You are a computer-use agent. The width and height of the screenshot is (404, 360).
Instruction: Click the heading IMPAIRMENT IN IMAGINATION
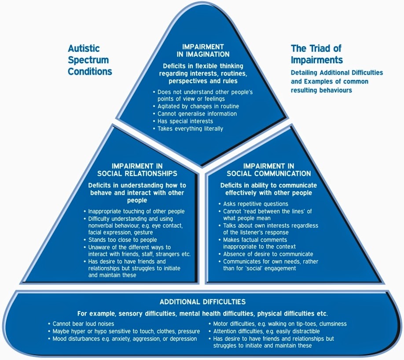coord(203,51)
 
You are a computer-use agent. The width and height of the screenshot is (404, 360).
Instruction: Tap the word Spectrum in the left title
coord(88,60)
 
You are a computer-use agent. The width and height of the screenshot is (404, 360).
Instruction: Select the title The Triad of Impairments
coord(317,54)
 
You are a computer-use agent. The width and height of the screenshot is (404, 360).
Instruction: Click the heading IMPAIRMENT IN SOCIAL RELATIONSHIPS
coord(137,170)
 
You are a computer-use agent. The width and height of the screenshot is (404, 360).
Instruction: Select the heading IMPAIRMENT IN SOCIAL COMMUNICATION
coord(269,170)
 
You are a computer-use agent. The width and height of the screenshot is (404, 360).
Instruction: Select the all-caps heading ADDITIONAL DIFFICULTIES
coord(202,302)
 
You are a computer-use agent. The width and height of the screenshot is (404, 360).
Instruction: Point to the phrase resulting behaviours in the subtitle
coord(321,90)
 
